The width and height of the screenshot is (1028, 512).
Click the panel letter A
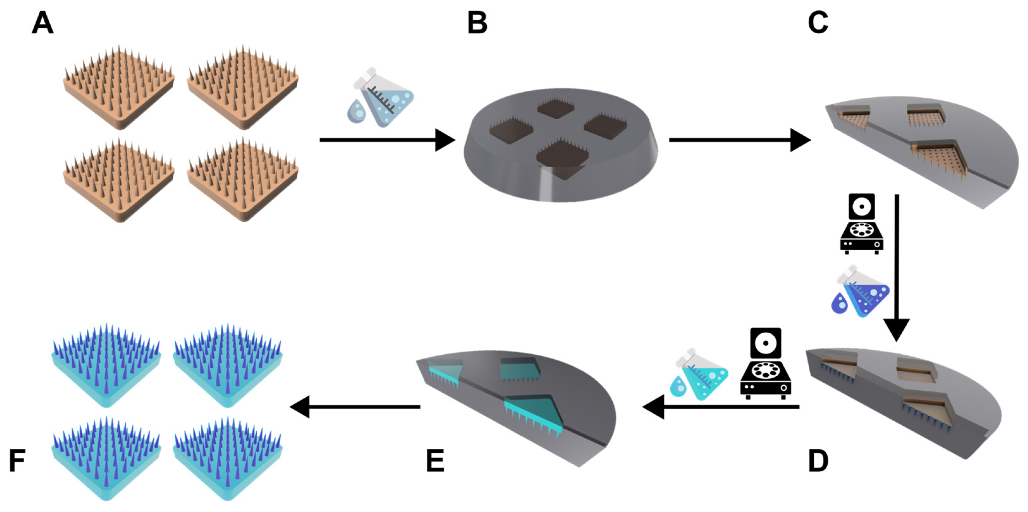coord(42,23)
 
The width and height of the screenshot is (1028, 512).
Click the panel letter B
coord(477,23)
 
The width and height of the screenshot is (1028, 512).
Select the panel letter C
coord(818,23)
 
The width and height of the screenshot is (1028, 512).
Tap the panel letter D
coord(818,461)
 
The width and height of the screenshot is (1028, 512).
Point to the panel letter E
coord(435,461)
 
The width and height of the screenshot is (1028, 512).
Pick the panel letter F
coord(17,461)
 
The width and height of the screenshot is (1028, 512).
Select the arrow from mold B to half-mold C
coord(738,140)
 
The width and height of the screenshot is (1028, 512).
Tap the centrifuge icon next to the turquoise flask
coord(765,363)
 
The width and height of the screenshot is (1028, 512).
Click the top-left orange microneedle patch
coord(119,88)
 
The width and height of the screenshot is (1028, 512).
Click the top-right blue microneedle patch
coord(227,365)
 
